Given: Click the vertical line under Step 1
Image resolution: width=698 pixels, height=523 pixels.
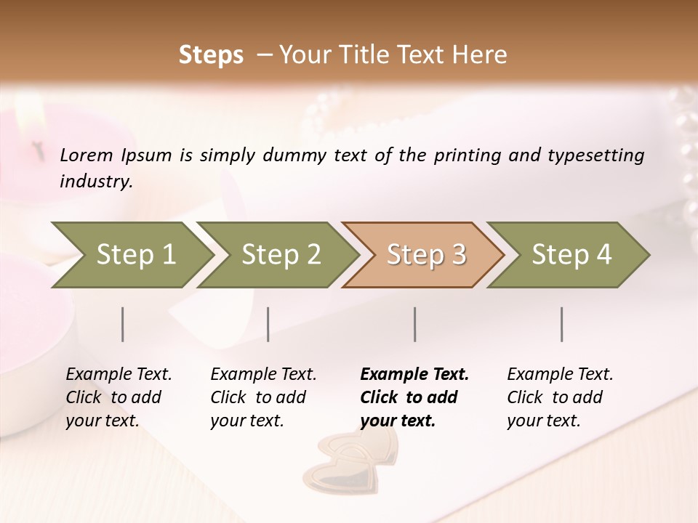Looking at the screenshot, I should pos(123,324).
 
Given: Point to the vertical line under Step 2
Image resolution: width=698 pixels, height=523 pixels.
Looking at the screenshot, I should pos(268,324).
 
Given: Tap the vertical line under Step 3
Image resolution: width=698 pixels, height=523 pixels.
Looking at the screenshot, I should pos(415,324).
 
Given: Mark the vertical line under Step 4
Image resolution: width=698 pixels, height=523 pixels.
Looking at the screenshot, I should pos(562,324).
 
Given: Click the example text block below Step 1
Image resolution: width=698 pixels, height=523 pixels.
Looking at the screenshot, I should pos(119,397).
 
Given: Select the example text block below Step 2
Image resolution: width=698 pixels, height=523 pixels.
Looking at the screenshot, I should pos(263,397).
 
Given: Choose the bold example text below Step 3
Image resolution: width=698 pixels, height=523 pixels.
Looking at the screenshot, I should pos(414,397).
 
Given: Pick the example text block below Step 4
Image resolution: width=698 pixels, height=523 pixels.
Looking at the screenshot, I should pos(560,397).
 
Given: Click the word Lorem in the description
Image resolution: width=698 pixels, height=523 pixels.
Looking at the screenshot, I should pos(87,155).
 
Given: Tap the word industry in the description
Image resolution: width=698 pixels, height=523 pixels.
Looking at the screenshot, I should pos(96,182).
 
